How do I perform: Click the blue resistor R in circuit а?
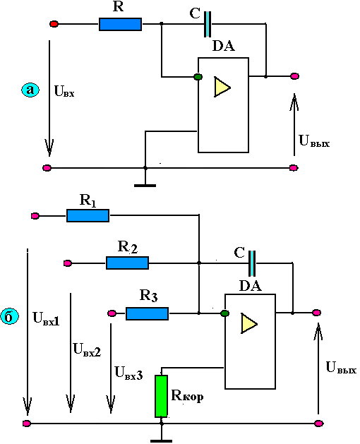[120, 24]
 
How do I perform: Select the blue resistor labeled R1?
[88, 216]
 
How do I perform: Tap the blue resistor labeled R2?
[127, 263]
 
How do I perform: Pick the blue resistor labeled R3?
[147, 313]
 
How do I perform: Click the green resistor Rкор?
[161, 397]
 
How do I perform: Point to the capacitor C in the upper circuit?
[208, 24]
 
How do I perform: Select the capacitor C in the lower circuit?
[252, 263]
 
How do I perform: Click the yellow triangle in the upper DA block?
[222, 87]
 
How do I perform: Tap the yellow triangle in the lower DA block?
[248, 323]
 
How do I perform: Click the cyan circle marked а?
[30, 90]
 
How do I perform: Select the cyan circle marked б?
[9, 316]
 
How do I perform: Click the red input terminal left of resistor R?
[54, 24]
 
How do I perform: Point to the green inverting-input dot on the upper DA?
[198, 76]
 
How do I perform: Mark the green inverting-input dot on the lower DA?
[225, 313]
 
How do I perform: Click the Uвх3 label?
[128, 373]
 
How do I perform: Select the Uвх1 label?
[46, 318]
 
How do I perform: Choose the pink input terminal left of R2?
[67, 263]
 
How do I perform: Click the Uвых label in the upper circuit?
[314, 141]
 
